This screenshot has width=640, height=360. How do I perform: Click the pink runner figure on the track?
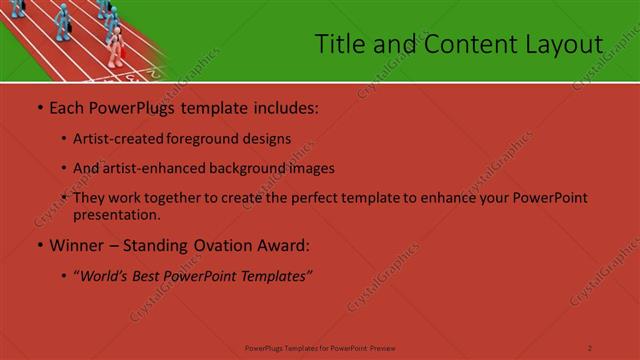click(116, 46)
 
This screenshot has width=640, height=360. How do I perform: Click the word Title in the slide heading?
click(337, 44)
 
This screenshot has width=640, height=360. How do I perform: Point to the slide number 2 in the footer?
click(590, 347)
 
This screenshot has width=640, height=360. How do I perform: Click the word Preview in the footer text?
click(382, 347)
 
